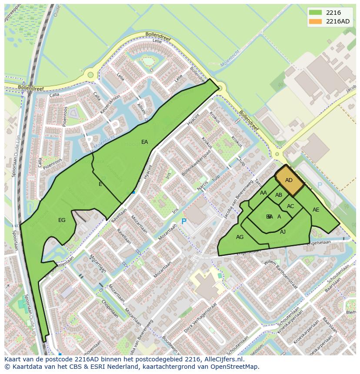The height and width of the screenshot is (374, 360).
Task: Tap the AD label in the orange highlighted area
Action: tap(289, 180)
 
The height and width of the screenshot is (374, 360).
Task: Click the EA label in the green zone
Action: tap(144, 142)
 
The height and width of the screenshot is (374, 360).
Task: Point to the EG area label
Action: tap(62, 220)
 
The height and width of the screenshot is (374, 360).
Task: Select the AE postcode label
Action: tap(316, 210)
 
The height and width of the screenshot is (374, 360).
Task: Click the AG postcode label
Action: tap(240, 237)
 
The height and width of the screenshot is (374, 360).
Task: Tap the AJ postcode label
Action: tap(283, 232)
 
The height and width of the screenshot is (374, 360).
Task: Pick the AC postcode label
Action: tap(290, 206)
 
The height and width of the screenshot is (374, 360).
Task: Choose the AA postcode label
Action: tap(263, 193)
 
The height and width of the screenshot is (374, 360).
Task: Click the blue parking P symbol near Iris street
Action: tap(183, 222)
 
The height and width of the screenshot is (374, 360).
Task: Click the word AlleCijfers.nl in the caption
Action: tap(224, 359)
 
